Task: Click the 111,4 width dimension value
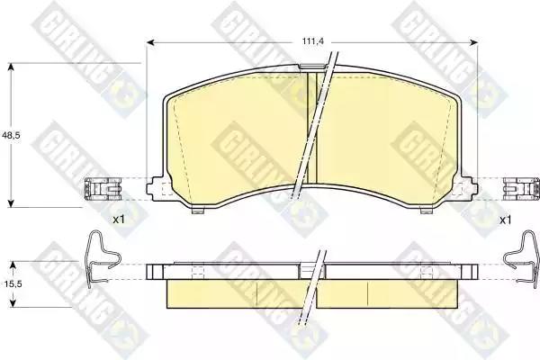point(313,41)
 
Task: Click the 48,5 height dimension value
point(12,135)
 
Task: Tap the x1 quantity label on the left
point(119,220)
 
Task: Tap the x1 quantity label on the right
point(505,220)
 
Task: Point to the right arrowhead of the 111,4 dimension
point(474,42)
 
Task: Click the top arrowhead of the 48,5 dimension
point(12,67)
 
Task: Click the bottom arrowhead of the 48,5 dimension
point(12,203)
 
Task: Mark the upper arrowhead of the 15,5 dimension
point(13,265)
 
